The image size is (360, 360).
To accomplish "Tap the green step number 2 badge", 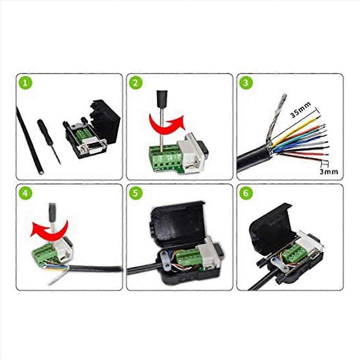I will click(136, 83).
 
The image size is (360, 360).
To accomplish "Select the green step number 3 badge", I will click(246, 83).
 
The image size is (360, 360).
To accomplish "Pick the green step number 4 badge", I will click(26, 193).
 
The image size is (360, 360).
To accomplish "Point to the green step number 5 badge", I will click(136, 193).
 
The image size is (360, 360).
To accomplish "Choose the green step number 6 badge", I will click(246, 193).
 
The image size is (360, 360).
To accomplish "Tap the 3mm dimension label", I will click(328, 172).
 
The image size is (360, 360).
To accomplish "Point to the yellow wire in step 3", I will click(295, 129).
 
